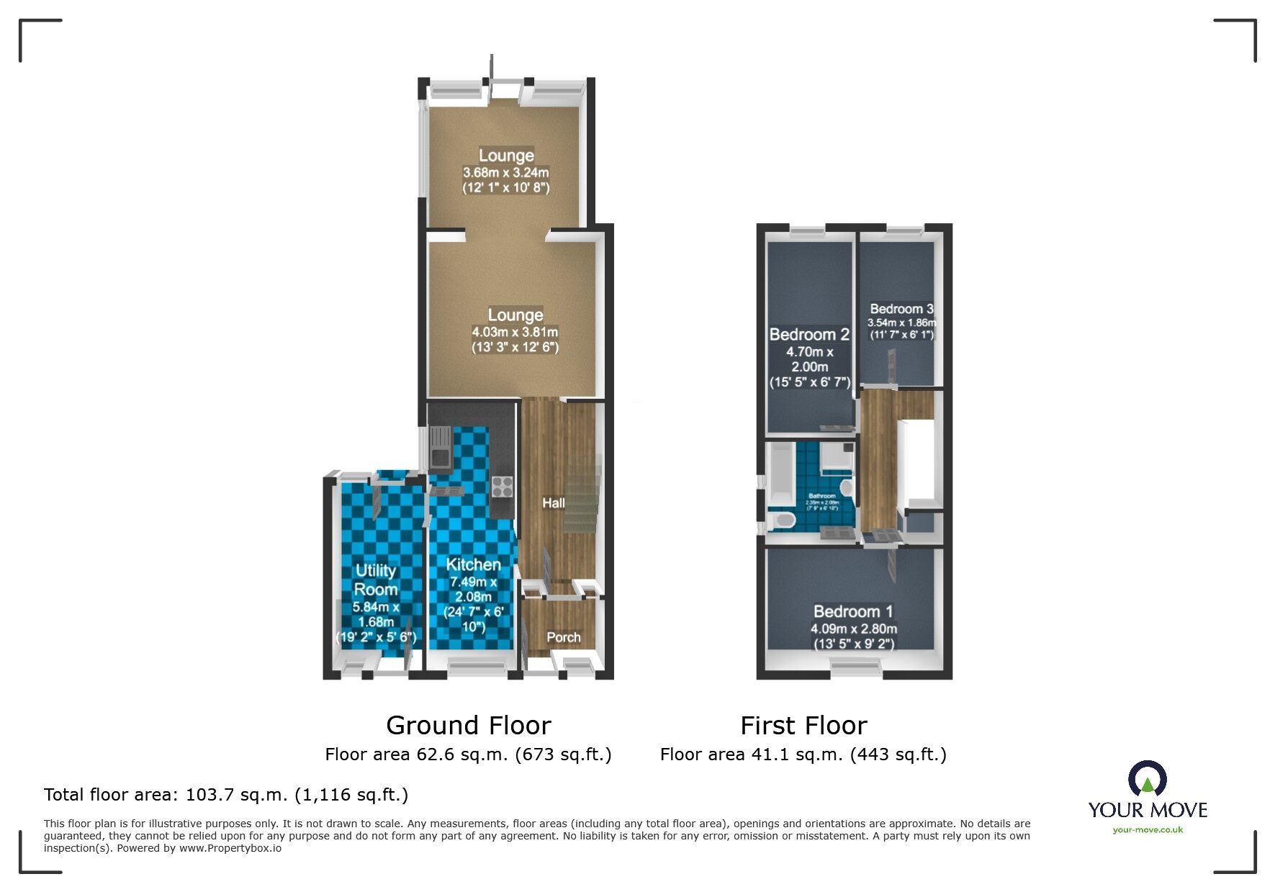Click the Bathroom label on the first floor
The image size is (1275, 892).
point(821,496)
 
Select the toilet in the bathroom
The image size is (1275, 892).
point(781,521)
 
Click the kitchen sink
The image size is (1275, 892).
point(438,447)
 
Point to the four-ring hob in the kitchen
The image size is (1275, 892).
point(502,487)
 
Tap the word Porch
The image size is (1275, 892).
point(563,637)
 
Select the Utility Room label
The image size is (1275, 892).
point(376,580)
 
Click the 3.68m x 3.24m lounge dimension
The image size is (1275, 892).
point(505,173)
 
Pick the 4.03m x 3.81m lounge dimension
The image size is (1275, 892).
point(515,332)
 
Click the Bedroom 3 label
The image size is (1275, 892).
point(901,309)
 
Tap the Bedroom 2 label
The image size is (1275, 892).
point(809,335)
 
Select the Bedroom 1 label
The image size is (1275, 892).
point(853,611)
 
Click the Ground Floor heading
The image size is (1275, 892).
point(468,725)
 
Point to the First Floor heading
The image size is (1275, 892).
point(803,725)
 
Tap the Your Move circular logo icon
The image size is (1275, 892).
point(1147,779)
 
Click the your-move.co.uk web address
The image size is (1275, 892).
point(1148,830)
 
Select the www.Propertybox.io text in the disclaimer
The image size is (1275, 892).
point(230,848)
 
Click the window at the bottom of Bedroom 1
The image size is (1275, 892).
point(855,669)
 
